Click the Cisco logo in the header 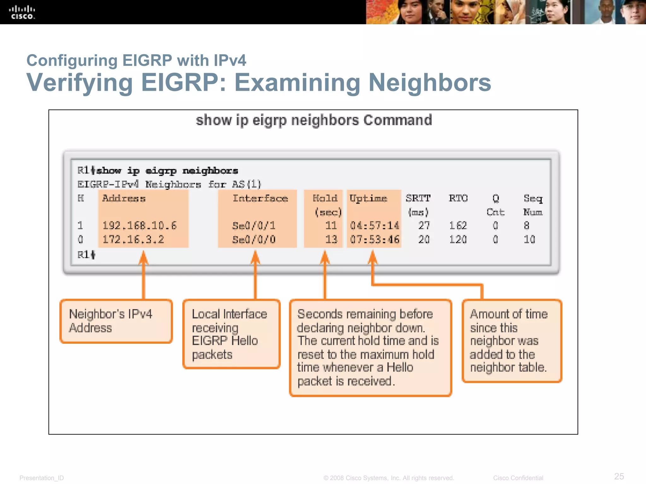click(x=22, y=12)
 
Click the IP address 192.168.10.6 click(x=139, y=226)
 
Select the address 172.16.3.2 click(x=133, y=239)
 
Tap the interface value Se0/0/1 click(x=254, y=226)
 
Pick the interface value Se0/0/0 click(x=254, y=239)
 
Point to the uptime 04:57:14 click(x=374, y=226)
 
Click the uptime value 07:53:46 click(x=374, y=239)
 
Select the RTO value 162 click(x=458, y=226)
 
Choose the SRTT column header click(x=418, y=199)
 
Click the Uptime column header click(x=368, y=199)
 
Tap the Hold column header click(x=325, y=199)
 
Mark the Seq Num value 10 click(x=529, y=239)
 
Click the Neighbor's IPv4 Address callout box click(x=116, y=321)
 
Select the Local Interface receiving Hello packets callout click(x=232, y=334)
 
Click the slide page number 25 click(x=619, y=476)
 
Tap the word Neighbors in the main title click(x=430, y=83)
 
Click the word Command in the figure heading click(x=397, y=120)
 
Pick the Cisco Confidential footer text click(x=518, y=478)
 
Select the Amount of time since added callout click(x=512, y=341)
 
